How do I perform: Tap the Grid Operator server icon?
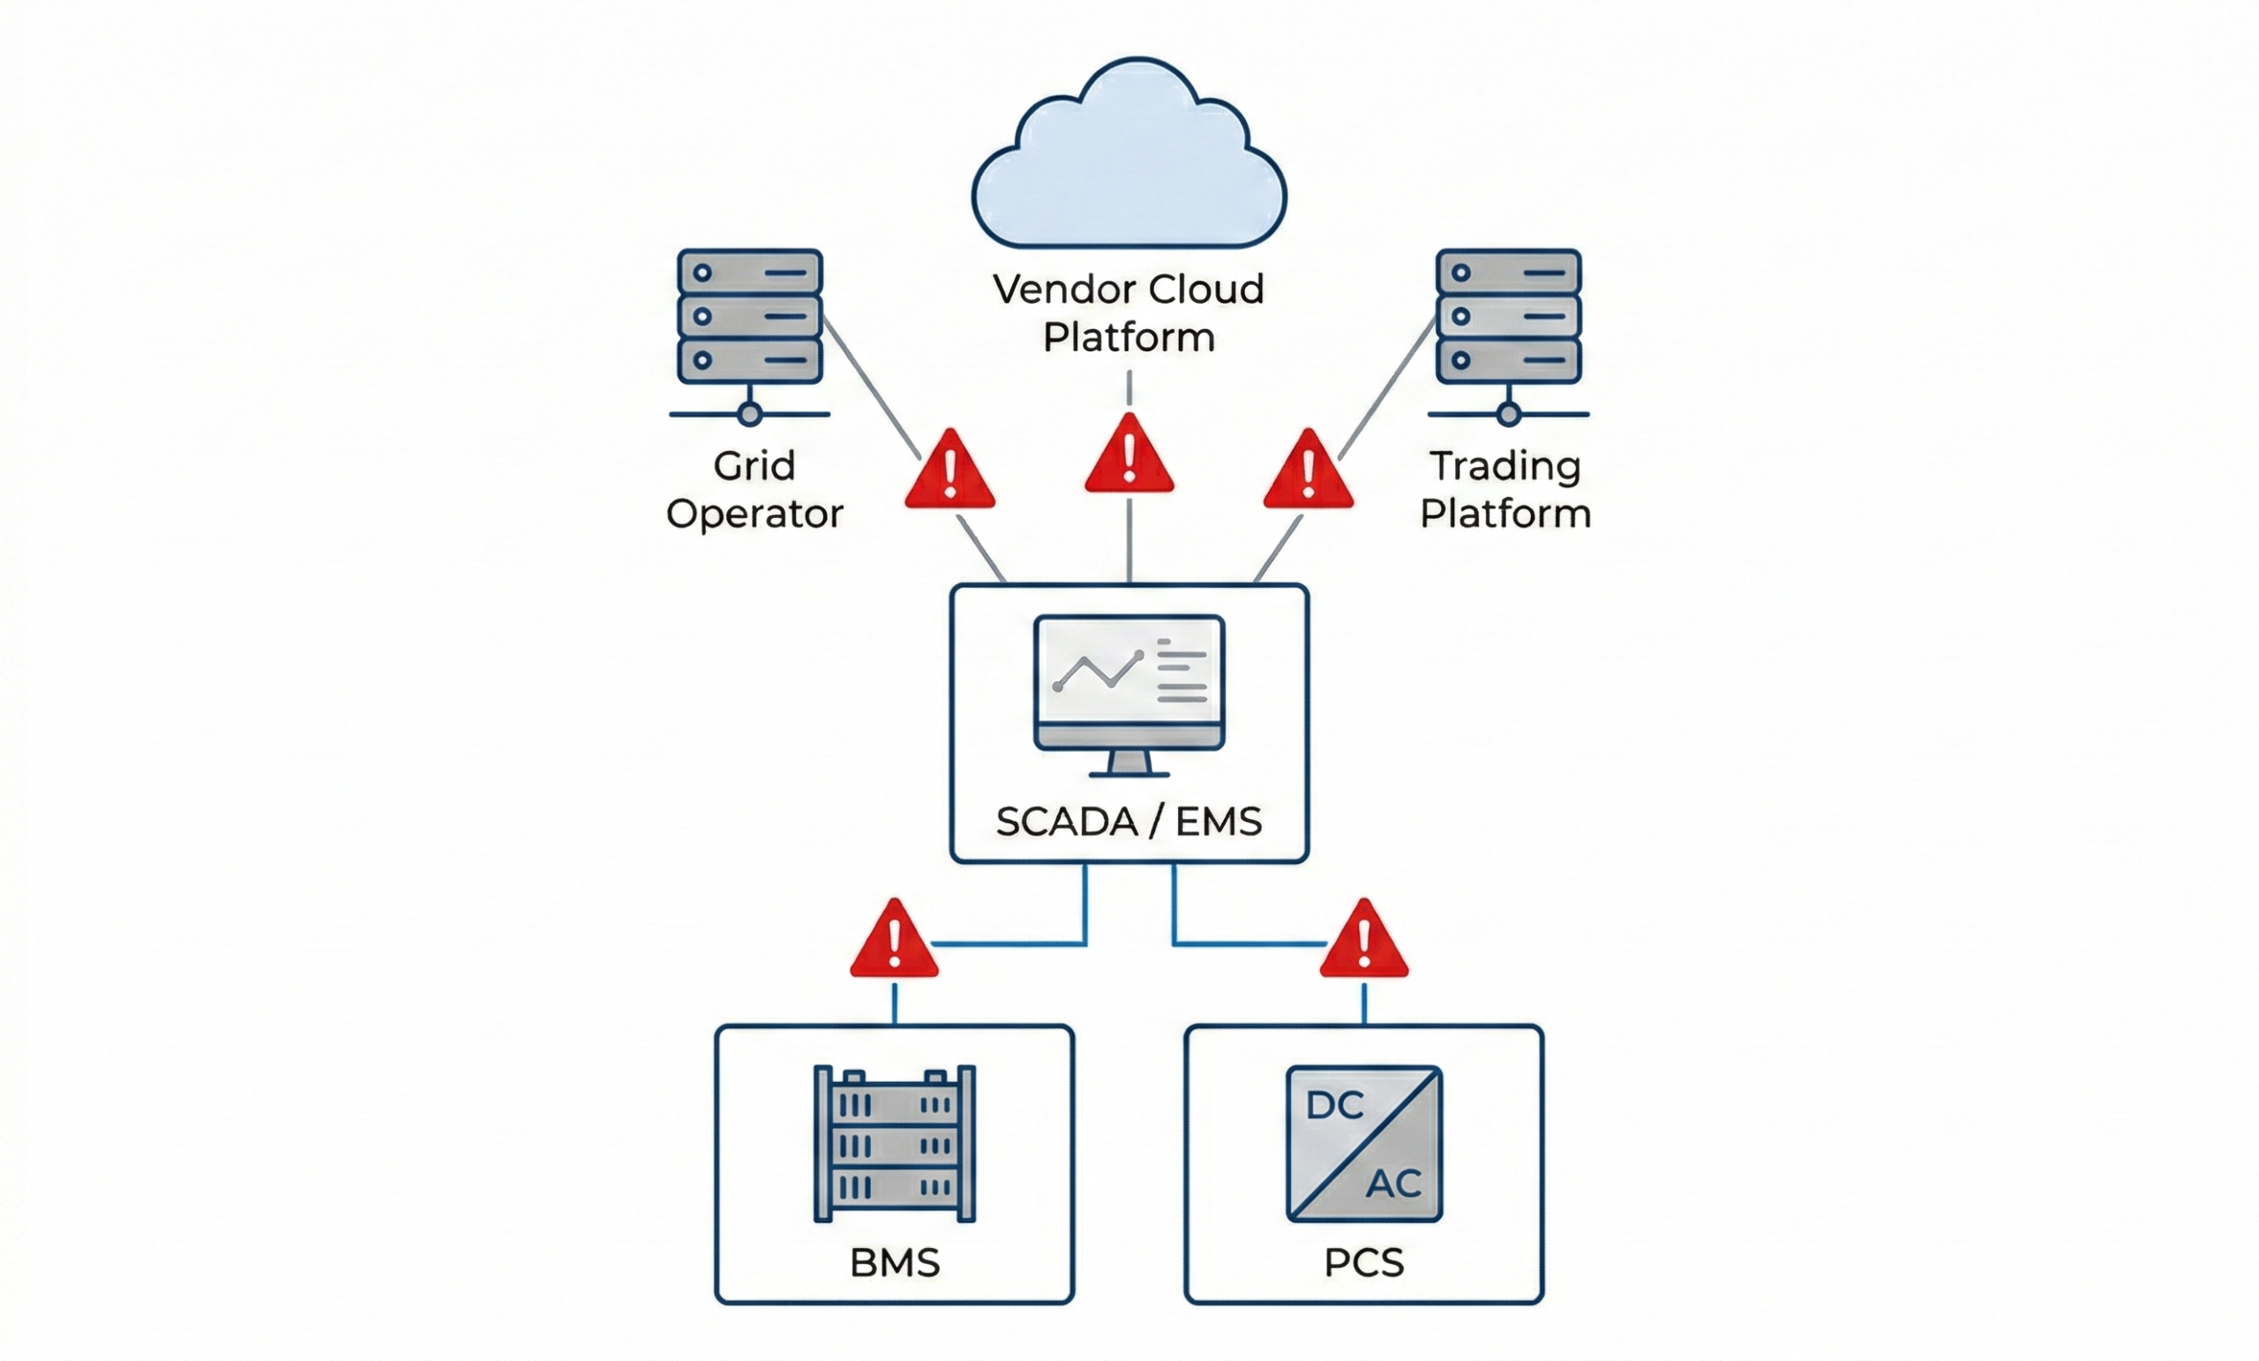point(750,316)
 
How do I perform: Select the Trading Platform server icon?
point(1508,316)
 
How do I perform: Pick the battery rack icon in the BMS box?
point(895,1144)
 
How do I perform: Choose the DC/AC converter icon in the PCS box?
point(1364,1144)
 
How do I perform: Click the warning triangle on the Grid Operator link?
point(949,472)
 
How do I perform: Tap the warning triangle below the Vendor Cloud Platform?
point(1129,456)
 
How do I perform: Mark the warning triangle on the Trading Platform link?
point(1309,472)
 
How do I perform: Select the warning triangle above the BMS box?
point(894,942)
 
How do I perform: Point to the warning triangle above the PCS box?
point(1364,942)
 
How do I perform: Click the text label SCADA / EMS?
point(1129,822)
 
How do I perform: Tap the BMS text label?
point(895,1263)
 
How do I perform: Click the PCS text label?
point(1364,1263)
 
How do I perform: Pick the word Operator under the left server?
point(754,515)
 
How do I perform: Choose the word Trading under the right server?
point(1505,467)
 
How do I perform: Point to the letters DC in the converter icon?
point(1335,1106)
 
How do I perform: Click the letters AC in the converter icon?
point(1393,1184)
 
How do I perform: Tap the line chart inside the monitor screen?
point(1099,672)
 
